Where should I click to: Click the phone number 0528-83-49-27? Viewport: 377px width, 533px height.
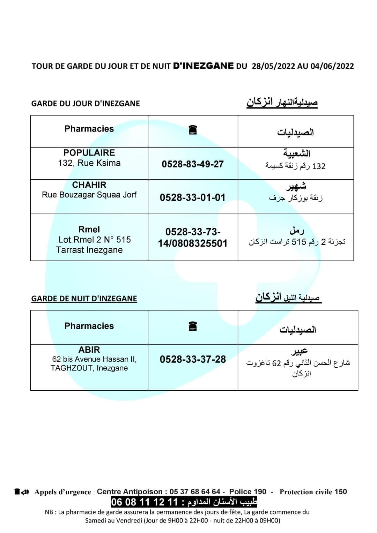click(x=193, y=164)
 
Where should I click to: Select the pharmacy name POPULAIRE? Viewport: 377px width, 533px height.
click(x=89, y=153)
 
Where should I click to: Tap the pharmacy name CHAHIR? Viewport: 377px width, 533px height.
click(x=89, y=185)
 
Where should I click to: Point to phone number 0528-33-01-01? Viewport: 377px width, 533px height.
click(x=193, y=197)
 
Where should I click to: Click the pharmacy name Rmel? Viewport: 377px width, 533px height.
click(x=89, y=230)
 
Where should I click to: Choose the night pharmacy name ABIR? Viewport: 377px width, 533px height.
click(x=89, y=350)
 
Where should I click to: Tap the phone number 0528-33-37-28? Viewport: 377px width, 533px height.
click(x=193, y=359)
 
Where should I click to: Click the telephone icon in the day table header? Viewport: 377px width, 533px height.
click(x=193, y=130)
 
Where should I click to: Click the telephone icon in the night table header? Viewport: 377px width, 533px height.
click(x=193, y=326)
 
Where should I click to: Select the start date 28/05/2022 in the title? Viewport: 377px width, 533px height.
click(x=273, y=66)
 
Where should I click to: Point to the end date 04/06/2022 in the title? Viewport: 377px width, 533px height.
click(x=332, y=66)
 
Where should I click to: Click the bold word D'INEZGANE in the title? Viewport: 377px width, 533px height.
click(x=203, y=66)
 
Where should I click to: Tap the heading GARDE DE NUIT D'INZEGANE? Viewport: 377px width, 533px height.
click(x=84, y=299)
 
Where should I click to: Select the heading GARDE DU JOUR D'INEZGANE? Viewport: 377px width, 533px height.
click(x=86, y=104)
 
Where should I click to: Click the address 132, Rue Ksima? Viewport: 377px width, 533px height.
click(x=89, y=163)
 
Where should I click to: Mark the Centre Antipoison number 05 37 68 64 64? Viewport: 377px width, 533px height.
click(x=195, y=492)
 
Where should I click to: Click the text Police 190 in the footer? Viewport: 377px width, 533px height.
click(x=247, y=492)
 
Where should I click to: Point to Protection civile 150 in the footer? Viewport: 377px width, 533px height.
click(x=313, y=492)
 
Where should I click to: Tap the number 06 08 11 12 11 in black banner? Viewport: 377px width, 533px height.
click(x=145, y=502)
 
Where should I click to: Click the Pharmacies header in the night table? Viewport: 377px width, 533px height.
click(x=89, y=326)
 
